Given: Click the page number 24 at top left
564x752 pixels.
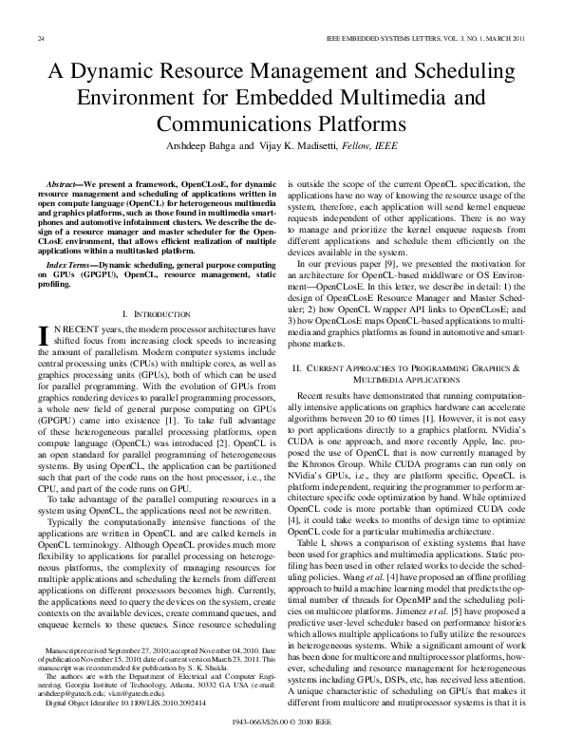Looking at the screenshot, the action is [40, 37].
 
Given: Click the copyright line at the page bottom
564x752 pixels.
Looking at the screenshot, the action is [282, 723].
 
